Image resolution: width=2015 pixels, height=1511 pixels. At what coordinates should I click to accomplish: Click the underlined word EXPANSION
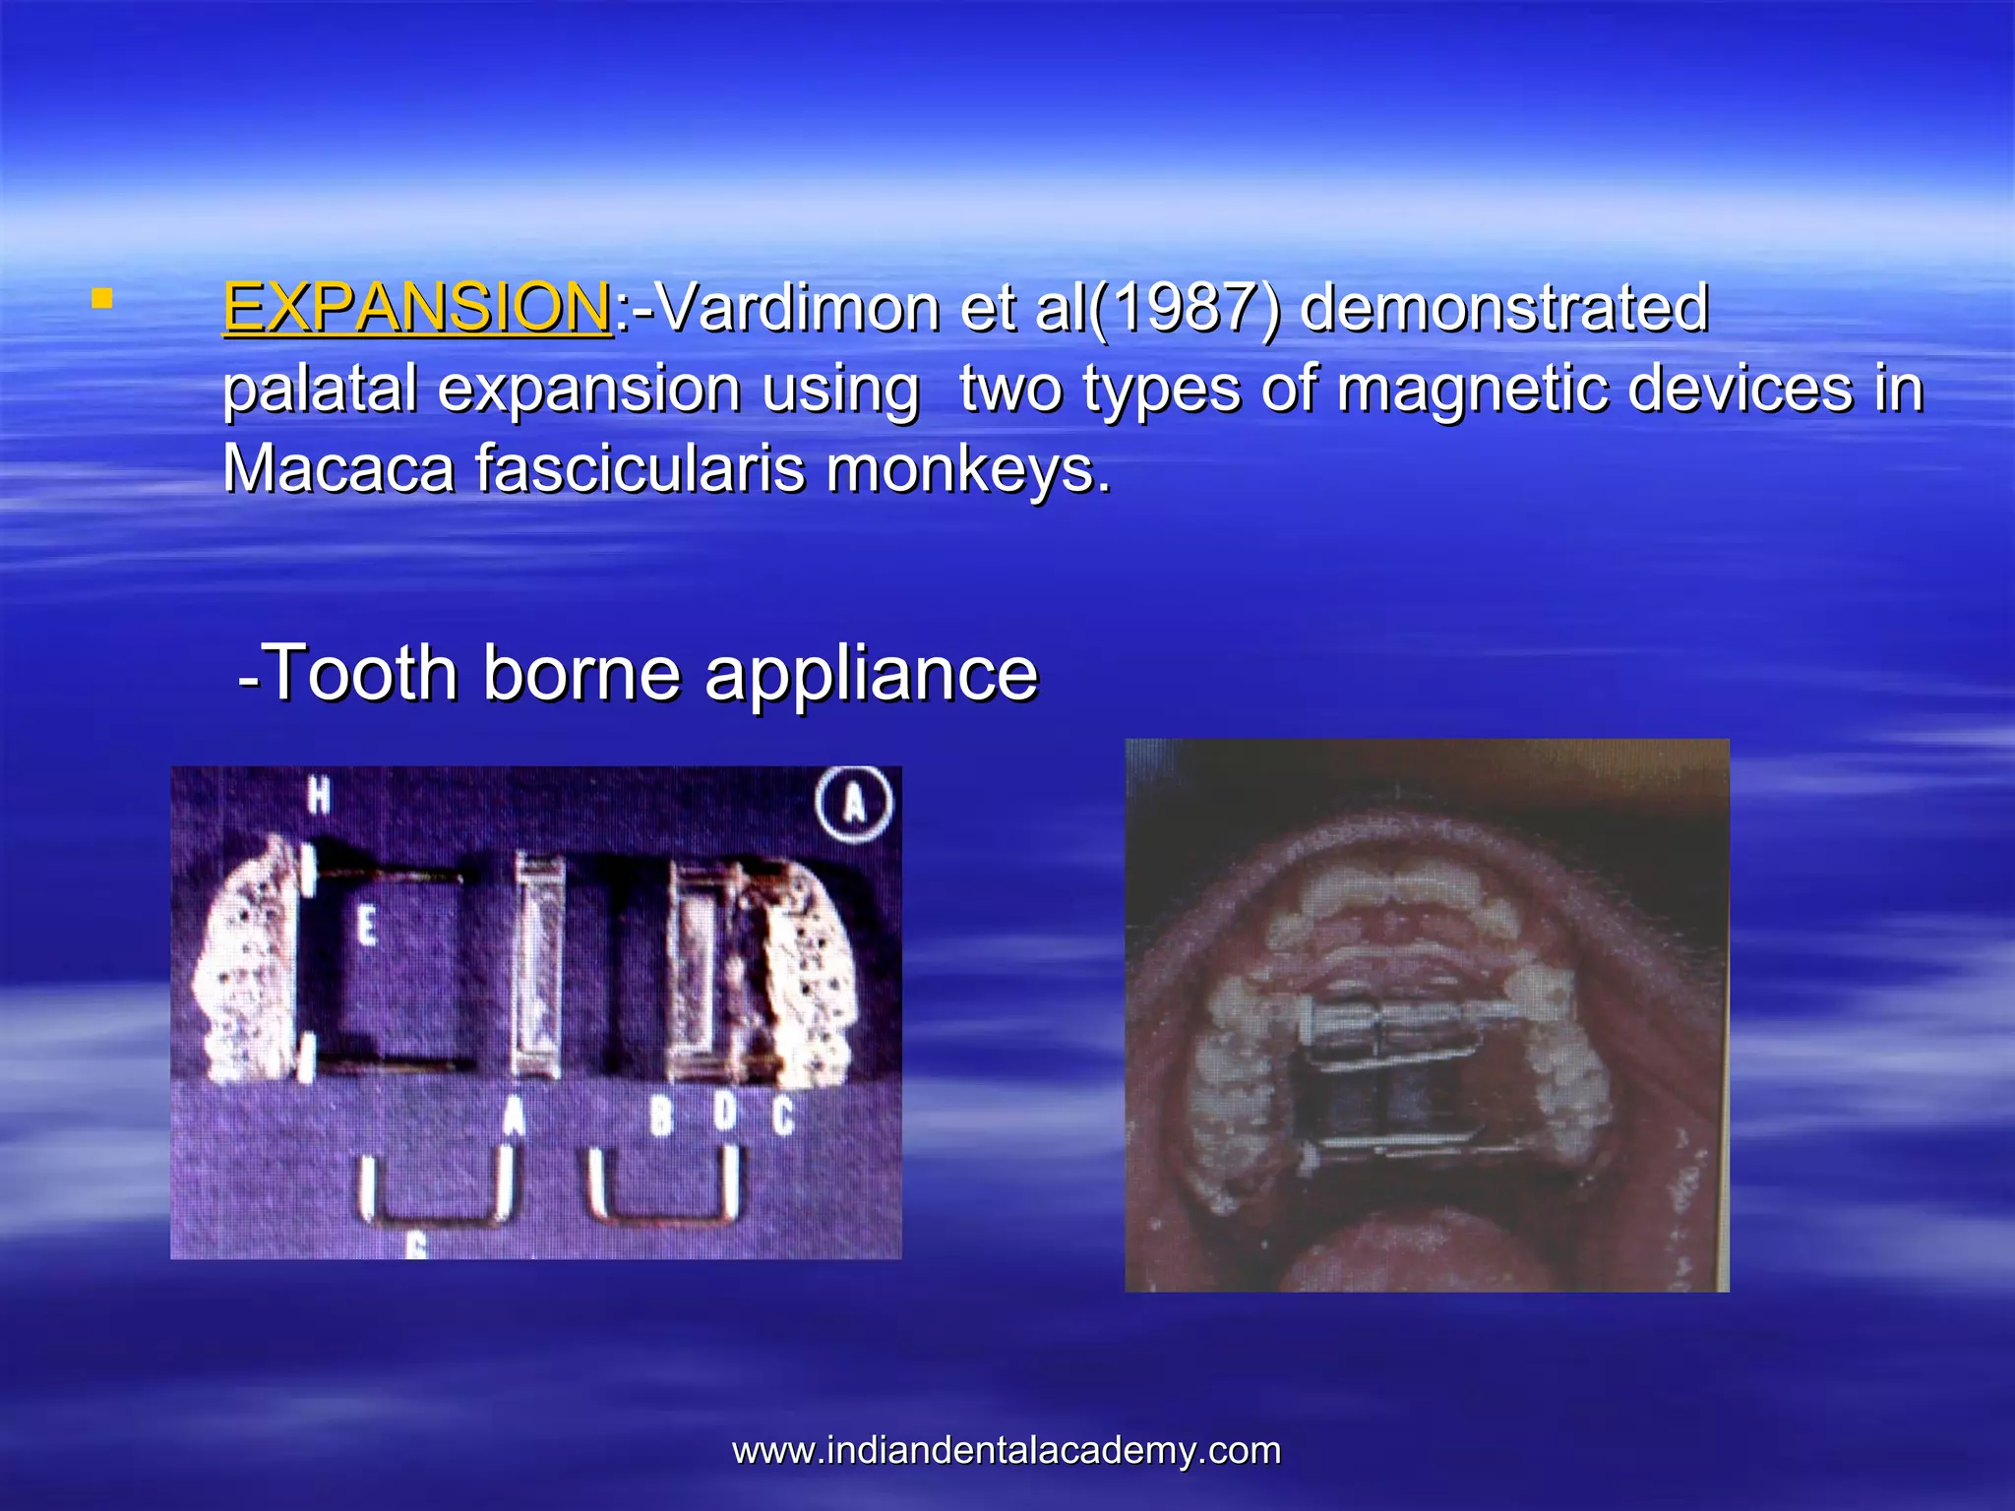(417, 308)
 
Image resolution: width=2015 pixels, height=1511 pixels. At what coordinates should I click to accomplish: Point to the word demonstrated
(1503, 308)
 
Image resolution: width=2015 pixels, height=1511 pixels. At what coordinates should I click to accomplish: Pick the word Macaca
(338, 468)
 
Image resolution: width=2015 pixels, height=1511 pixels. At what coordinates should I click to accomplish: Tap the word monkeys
(968, 470)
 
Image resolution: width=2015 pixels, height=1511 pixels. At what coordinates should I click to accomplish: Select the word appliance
(871, 675)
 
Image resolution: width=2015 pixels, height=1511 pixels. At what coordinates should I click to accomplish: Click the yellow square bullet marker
(100, 299)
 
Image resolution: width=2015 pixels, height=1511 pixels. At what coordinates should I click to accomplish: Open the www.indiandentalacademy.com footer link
(1007, 1450)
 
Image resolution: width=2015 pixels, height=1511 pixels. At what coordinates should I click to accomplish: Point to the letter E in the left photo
(366, 926)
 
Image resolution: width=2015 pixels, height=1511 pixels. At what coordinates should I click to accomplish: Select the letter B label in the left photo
(660, 1116)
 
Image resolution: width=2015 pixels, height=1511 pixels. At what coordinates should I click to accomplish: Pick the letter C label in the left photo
(782, 1116)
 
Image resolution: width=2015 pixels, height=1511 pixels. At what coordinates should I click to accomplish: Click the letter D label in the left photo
(724, 1112)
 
